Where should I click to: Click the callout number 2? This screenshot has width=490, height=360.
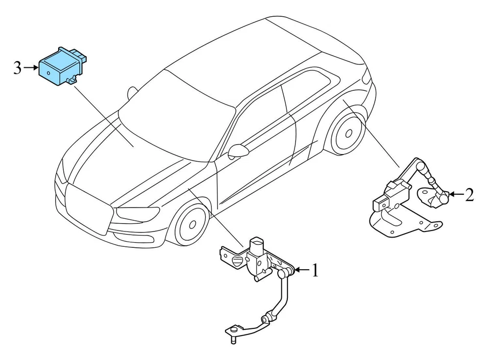click(469, 195)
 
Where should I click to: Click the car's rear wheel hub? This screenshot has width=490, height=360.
click(348, 134)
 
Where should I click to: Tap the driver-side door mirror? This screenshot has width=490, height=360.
click(238, 150)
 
